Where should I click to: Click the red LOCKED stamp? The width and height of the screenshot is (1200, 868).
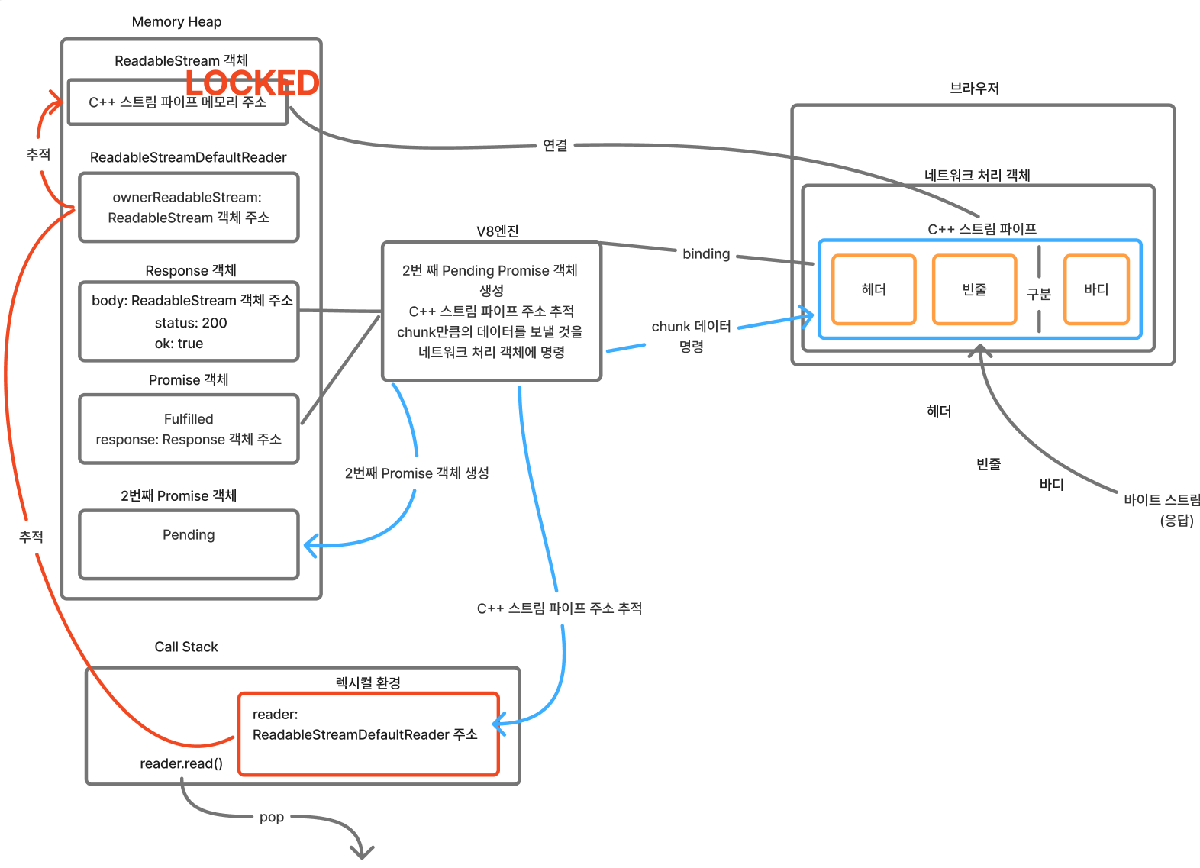(253, 83)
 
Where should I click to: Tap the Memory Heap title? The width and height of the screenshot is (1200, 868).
(176, 22)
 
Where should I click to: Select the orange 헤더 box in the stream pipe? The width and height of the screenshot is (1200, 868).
(874, 290)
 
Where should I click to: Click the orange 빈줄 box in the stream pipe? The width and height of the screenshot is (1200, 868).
(975, 290)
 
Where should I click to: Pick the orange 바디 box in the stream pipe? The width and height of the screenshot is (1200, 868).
(1097, 290)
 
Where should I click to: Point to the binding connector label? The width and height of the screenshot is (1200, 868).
(706, 254)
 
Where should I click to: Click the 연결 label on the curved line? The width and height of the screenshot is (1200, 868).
(555, 145)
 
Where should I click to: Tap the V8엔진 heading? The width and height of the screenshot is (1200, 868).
(497, 231)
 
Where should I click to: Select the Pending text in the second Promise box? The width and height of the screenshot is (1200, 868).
(189, 534)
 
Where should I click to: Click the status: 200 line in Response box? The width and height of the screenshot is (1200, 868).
(191, 323)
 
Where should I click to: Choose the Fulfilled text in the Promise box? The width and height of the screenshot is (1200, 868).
(189, 418)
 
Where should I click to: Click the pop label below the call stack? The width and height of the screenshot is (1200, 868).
(272, 818)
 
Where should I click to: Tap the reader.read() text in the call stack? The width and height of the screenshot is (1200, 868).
(181, 763)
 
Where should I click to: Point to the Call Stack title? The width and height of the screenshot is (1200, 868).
(186, 647)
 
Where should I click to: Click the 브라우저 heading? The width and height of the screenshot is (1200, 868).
(974, 88)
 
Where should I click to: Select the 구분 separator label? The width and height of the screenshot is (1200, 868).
(1039, 294)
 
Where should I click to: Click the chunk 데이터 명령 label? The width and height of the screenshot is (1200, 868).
(691, 336)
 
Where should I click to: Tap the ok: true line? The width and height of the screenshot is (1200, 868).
(179, 344)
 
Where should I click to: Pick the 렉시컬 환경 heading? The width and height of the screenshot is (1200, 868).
(368, 682)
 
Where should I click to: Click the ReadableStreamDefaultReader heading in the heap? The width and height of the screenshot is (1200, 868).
(188, 157)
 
